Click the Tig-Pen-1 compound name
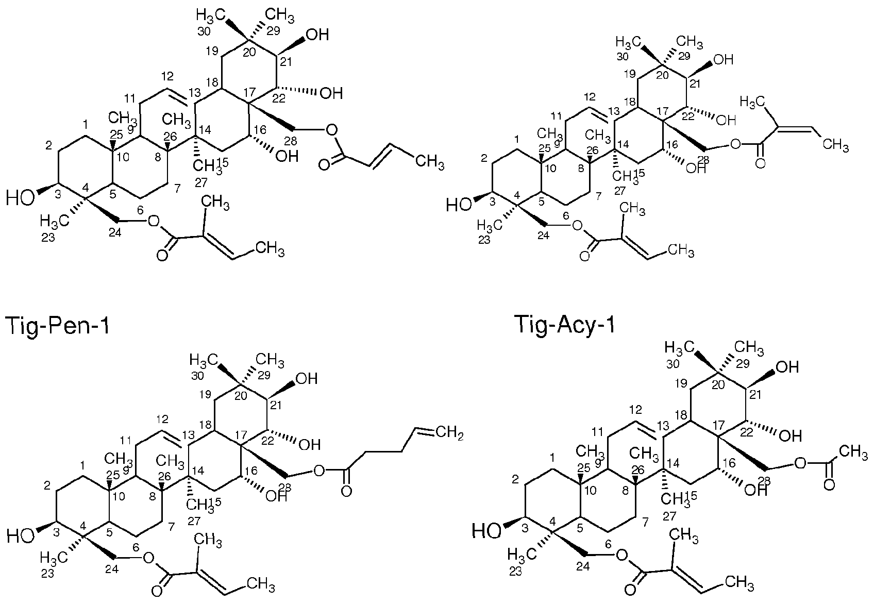(57, 326)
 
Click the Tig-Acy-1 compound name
(565, 324)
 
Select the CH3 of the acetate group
(853, 453)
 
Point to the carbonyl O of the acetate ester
(830, 485)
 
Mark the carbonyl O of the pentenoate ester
(346, 491)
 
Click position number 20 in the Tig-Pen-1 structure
(241, 396)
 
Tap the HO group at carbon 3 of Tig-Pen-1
(20, 536)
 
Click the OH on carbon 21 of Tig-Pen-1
(307, 378)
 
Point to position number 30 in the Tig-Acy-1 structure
(673, 364)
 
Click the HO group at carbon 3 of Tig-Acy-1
(486, 531)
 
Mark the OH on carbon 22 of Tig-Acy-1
(790, 435)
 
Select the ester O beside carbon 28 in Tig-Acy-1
(800, 463)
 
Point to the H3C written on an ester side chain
(752, 103)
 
